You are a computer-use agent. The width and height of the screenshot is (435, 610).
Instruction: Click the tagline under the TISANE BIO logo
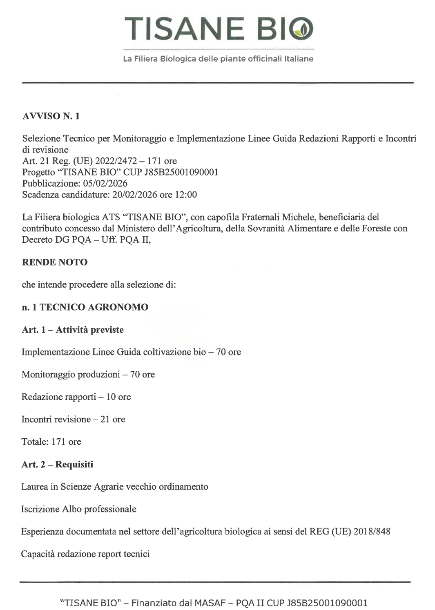[x=218, y=59]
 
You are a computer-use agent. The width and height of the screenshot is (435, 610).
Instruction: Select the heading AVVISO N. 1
[x=51, y=116]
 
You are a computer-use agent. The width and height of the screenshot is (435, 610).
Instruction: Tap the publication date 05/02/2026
[x=105, y=184]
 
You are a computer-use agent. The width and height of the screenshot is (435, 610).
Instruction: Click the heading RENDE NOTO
[x=55, y=262]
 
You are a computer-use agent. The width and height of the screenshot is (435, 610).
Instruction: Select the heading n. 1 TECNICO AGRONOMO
[x=85, y=307]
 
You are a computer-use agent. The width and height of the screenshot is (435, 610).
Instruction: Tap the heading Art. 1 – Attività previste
[x=73, y=330]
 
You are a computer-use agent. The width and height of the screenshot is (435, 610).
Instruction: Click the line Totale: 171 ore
[x=51, y=442]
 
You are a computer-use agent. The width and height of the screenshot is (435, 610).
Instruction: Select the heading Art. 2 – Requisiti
[x=57, y=464]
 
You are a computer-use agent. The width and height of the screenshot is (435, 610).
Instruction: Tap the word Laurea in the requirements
[x=34, y=487]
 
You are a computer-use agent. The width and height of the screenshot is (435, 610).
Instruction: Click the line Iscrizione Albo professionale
[x=79, y=509]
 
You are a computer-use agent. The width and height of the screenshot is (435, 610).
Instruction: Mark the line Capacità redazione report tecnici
[x=85, y=554]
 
